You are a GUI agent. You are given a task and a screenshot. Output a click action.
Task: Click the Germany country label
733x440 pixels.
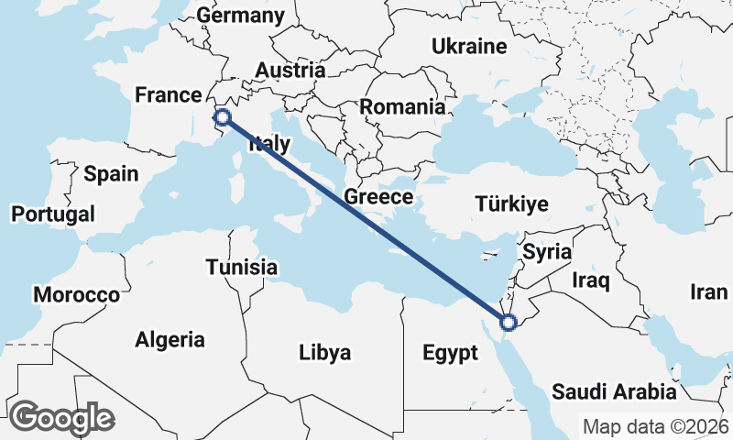point(241,16)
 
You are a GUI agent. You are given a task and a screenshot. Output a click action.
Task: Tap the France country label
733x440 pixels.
point(168,95)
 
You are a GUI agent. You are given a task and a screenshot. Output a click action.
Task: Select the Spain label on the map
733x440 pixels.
point(111,174)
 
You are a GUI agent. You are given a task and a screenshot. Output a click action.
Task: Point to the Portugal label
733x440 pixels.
point(53,214)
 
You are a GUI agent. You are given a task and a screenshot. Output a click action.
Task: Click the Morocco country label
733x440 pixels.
point(76,295)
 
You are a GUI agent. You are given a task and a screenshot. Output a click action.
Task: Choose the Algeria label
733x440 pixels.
point(170,339)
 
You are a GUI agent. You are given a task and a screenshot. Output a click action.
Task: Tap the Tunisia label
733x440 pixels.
point(241,267)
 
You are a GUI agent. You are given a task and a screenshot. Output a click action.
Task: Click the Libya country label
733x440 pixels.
point(325,352)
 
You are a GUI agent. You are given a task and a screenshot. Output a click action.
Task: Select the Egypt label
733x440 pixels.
point(450,353)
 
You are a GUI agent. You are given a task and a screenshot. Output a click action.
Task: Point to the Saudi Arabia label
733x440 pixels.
point(614,392)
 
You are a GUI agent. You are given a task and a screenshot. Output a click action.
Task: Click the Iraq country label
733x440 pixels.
point(591,280)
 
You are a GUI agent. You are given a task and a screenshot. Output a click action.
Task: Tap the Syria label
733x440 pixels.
point(547,251)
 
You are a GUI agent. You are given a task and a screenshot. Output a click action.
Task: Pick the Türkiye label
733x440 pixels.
point(511,204)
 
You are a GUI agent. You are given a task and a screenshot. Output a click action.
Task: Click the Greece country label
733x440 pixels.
point(378,197)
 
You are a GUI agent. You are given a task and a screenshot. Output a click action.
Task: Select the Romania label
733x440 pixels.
point(402,106)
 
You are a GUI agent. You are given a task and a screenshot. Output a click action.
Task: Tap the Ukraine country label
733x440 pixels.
point(469,46)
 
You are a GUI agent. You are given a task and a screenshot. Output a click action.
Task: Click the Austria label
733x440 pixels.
point(290,70)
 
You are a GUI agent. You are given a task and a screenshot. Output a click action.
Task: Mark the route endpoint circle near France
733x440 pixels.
point(222,116)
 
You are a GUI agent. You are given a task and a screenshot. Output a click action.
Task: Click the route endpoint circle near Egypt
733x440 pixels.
point(509,322)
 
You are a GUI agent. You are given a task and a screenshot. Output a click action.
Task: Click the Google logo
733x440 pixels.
point(61,418)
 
